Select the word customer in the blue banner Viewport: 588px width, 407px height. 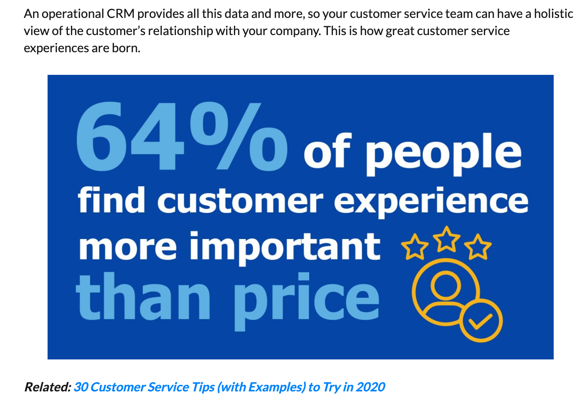240,200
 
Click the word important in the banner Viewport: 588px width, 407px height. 285,247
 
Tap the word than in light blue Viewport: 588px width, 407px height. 143,297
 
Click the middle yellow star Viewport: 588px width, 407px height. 447,239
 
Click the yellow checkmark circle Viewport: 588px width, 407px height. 481,321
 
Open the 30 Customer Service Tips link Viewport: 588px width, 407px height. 229,387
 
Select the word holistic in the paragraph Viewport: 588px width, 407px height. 553,14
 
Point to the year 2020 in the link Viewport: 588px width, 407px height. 370,387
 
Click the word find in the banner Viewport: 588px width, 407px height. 112,200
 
